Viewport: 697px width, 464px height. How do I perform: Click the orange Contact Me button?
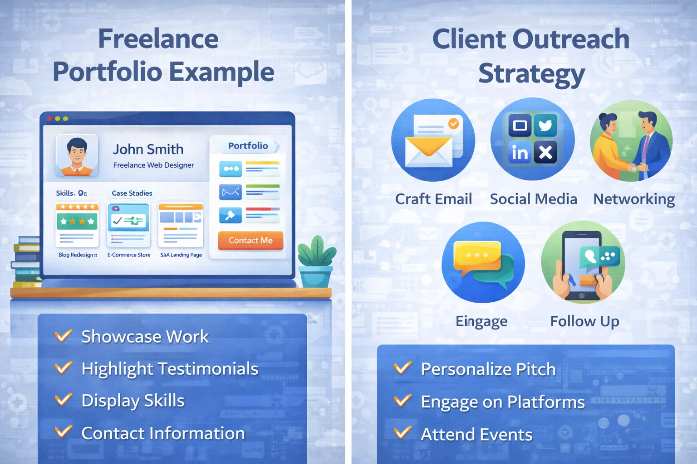pyautogui.click(x=250, y=241)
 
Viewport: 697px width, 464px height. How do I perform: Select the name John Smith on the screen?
pyautogui.click(x=148, y=149)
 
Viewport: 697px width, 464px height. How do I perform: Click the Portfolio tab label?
pyautogui.click(x=248, y=145)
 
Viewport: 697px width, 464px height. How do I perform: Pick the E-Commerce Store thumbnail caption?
pyautogui.click(x=129, y=255)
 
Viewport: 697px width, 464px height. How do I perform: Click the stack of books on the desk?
pyautogui.click(x=26, y=262)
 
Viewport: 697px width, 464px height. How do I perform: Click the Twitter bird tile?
pyautogui.click(x=545, y=125)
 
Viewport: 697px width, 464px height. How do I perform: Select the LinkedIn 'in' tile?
pyautogui.click(x=520, y=153)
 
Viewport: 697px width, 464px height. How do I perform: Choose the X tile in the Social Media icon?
pyautogui.click(x=545, y=153)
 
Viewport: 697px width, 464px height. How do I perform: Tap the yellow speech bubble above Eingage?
pyautogui.click(x=477, y=256)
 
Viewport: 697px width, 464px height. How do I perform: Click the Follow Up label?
pyautogui.click(x=584, y=321)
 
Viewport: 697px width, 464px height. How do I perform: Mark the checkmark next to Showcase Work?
pyautogui.click(x=63, y=336)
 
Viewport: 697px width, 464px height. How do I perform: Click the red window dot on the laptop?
pyautogui.click(x=49, y=119)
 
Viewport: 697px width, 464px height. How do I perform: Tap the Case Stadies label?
pyautogui.click(x=132, y=193)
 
